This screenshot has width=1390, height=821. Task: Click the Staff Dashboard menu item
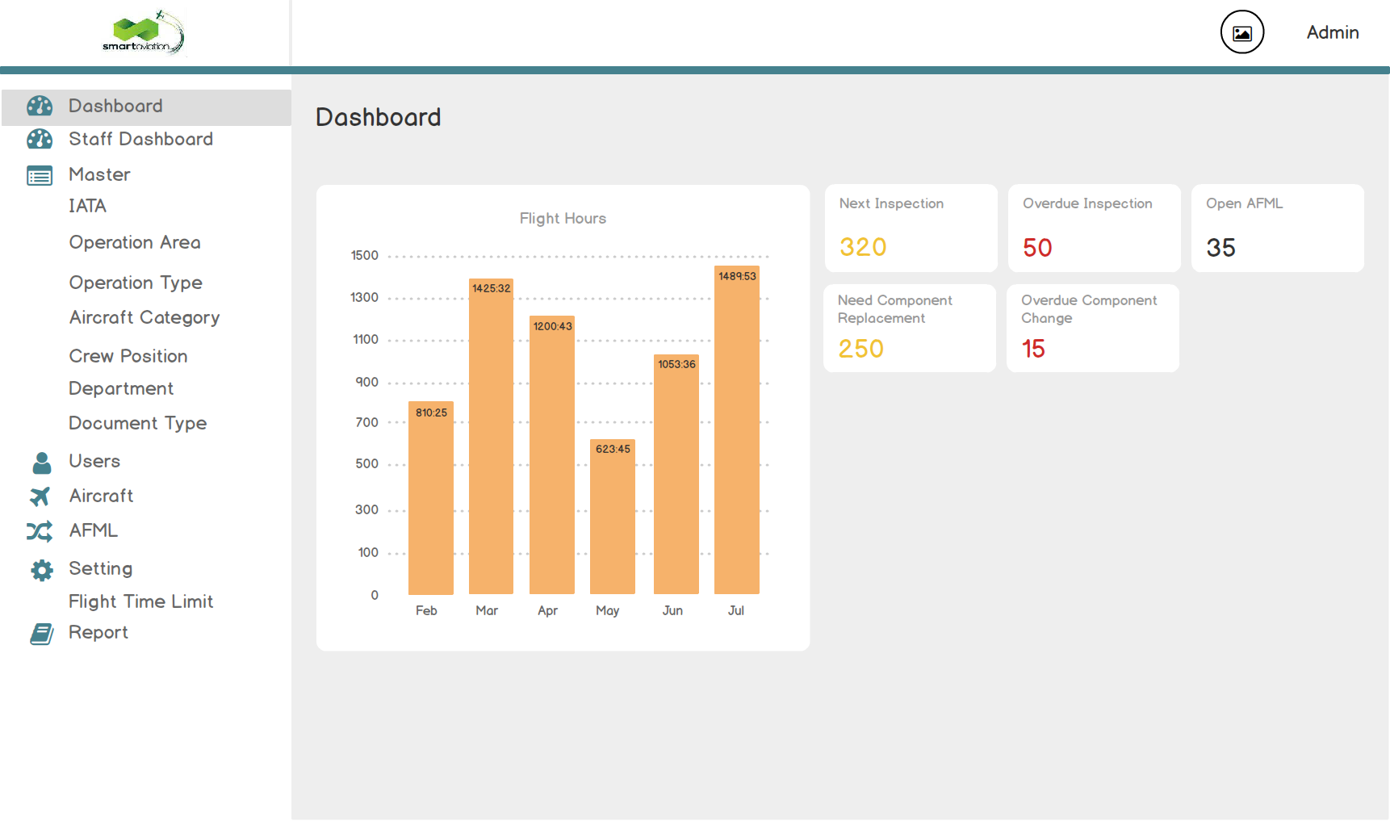click(140, 139)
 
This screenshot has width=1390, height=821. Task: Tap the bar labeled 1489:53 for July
click(736, 436)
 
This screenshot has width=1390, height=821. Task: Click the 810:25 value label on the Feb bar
click(431, 413)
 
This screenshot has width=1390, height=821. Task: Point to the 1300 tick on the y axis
click(364, 297)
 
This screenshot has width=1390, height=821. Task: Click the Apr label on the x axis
click(547, 610)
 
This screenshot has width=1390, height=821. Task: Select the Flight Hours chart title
click(563, 218)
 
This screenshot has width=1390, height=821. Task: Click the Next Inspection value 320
click(863, 247)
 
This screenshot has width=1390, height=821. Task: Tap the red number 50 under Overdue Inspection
click(1037, 248)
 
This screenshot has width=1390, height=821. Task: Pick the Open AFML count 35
click(1220, 248)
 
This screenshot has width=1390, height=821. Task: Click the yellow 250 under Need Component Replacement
click(860, 349)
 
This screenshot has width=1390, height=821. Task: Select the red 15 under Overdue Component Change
click(1033, 349)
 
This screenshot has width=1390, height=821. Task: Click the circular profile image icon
click(1241, 32)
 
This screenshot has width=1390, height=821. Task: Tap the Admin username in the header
click(1333, 32)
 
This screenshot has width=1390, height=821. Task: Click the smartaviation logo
click(144, 32)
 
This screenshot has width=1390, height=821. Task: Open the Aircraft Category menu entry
click(144, 317)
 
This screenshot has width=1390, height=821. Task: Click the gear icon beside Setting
click(41, 570)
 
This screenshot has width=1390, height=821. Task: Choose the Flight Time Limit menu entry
click(140, 601)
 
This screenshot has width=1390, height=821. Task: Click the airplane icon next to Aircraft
click(40, 496)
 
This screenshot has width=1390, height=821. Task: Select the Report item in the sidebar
click(98, 632)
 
